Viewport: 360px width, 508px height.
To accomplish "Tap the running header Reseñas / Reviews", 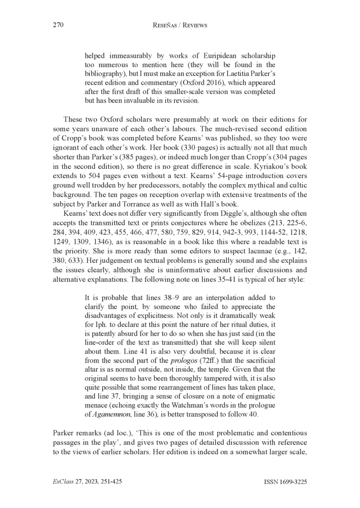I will pos(180,26).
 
